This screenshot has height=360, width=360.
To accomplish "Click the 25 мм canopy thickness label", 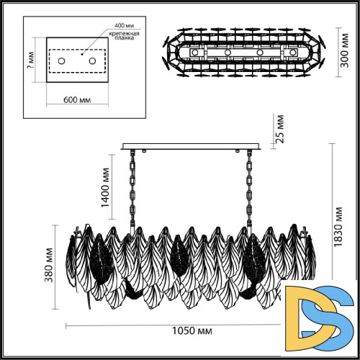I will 281,130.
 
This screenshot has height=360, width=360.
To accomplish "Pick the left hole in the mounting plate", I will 61,62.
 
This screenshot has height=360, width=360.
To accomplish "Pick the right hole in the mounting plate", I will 92,62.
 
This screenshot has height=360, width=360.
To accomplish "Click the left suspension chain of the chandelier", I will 133,191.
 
